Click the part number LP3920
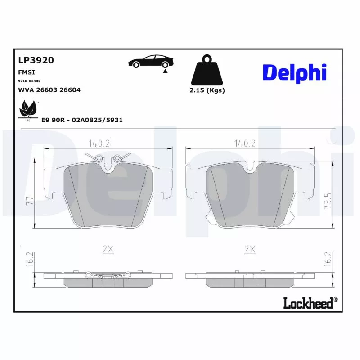click(36, 60)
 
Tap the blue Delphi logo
click(294, 72)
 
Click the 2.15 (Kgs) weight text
click(207, 90)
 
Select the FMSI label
click(27, 72)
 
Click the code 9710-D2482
click(29, 81)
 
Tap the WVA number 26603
click(50, 90)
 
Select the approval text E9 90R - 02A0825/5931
click(82, 120)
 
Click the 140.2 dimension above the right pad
click(245, 144)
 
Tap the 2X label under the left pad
click(108, 249)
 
